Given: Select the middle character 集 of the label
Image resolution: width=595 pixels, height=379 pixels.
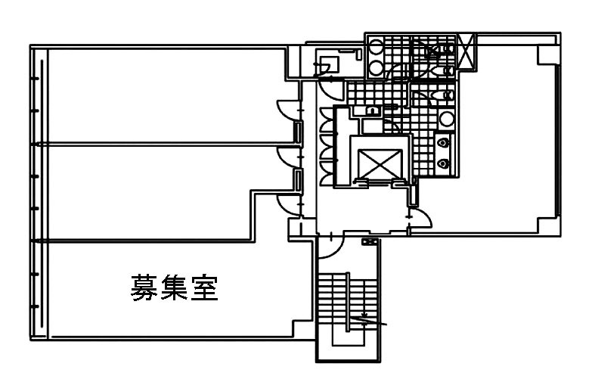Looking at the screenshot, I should (173, 288).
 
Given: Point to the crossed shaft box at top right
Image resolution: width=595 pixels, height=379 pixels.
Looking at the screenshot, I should (466, 52).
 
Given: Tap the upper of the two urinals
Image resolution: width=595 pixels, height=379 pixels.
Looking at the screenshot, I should (445, 141).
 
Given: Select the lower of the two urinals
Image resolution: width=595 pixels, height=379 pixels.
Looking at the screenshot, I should (445, 161).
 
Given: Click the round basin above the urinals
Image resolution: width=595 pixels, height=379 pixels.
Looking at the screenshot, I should (447, 119).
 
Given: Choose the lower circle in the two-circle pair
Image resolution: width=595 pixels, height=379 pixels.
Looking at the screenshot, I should (376, 68).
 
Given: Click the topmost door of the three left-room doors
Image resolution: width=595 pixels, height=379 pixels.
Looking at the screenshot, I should (286, 110).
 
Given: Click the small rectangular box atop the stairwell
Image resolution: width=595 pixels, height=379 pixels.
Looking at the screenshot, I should (370, 242).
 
